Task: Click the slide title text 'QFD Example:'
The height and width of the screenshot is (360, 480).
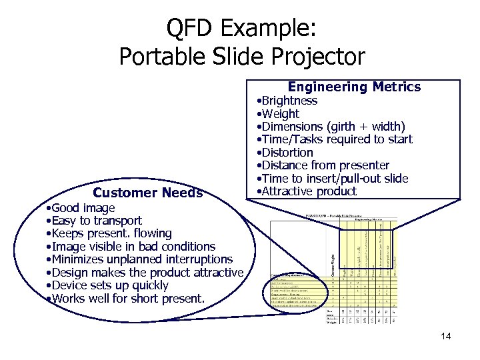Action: click(242, 28)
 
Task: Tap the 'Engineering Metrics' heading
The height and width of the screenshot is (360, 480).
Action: click(354, 87)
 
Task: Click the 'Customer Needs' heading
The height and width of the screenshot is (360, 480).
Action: click(147, 193)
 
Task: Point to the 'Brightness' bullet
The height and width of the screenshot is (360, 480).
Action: click(287, 101)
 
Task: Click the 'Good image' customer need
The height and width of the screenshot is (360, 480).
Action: click(81, 208)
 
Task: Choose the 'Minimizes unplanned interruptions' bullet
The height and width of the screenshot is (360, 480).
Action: click(139, 259)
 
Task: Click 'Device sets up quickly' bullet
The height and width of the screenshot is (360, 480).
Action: click(107, 285)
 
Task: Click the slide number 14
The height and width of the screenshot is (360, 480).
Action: click(446, 336)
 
